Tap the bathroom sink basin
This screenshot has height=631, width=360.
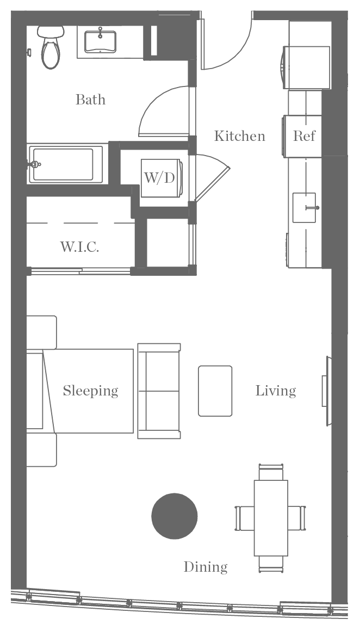[100, 41]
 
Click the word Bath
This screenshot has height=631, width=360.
[90, 100]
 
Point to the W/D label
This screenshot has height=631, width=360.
[159, 178]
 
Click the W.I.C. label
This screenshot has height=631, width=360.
[79, 247]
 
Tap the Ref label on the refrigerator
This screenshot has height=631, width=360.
[304, 136]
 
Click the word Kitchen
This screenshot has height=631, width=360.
[239, 135]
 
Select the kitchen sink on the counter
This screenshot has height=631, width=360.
[304, 207]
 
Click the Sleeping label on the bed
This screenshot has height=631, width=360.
[90, 391]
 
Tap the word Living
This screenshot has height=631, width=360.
[276, 391]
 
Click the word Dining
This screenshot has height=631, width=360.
[205, 567]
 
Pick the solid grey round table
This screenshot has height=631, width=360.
[175, 516]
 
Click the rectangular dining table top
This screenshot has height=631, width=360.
[270, 517]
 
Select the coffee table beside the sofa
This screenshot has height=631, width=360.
[215, 391]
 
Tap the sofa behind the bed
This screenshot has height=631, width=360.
[159, 391]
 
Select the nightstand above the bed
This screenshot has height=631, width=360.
[41, 332]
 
